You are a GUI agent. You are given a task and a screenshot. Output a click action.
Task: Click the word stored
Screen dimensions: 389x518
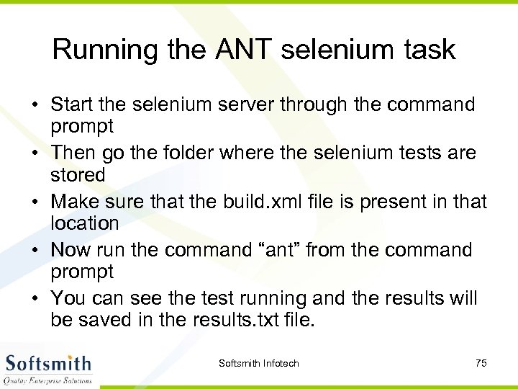(78, 175)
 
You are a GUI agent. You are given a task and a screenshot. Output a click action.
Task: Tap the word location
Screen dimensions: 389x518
(84, 223)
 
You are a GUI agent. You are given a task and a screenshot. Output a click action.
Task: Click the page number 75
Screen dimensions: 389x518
(481, 363)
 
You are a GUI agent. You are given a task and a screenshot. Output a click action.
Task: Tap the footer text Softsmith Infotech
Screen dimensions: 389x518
(258, 363)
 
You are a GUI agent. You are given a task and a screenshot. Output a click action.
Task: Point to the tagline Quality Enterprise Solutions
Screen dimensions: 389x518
(48, 380)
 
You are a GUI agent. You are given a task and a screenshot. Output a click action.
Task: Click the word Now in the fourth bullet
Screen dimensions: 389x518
(70, 250)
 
